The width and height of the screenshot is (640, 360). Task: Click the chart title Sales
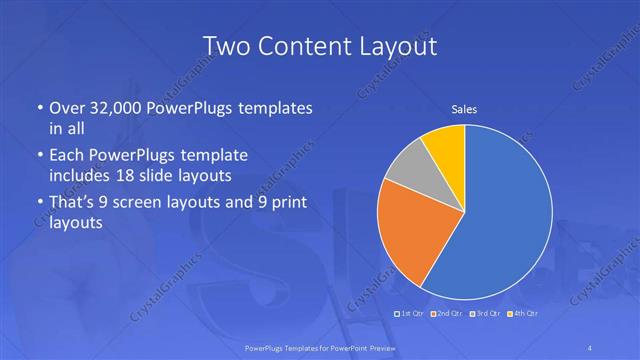pyautogui.click(x=464, y=108)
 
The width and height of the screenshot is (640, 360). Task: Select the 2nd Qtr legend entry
pyautogui.click(x=447, y=314)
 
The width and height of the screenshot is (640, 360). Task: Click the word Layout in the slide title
pyautogui.click(x=400, y=46)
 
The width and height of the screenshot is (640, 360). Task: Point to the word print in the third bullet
pyautogui.click(x=286, y=203)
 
